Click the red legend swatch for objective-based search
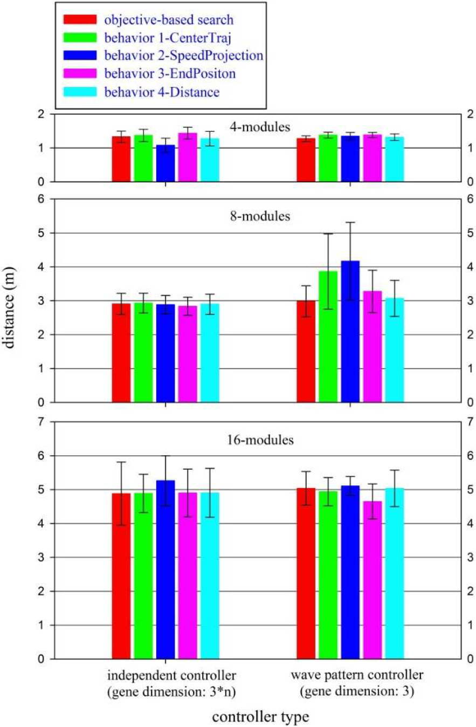(x=80, y=19)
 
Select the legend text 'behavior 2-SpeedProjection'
(x=184, y=56)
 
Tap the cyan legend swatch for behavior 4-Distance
(x=80, y=92)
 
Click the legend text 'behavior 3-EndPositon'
(x=170, y=74)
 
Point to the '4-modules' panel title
(x=260, y=127)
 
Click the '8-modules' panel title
(x=260, y=216)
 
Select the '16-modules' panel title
(x=260, y=440)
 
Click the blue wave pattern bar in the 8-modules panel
(x=350, y=332)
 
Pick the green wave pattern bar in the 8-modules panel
(x=328, y=337)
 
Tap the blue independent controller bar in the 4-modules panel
(x=165, y=163)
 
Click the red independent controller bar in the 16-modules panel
(x=121, y=576)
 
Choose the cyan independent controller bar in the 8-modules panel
(x=210, y=353)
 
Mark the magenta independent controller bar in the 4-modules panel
(x=188, y=157)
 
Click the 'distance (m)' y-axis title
(x=9, y=307)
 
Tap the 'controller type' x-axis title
(x=260, y=717)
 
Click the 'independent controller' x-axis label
(x=171, y=675)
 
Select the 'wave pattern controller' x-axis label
(x=357, y=675)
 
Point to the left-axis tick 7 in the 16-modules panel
(x=41, y=422)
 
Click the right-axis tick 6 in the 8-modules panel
(x=470, y=199)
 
